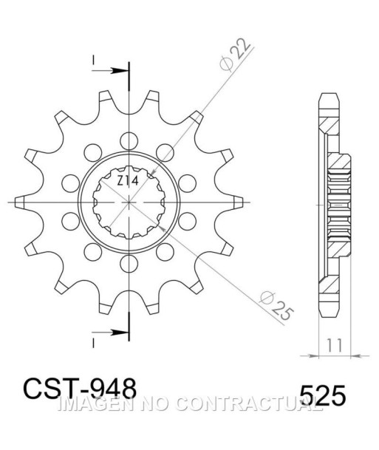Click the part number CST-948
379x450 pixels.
click(80, 388)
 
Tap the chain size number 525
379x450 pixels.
click(322, 395)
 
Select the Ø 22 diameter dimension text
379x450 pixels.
click(235, 54)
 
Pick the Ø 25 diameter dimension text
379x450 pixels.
click(276, 306)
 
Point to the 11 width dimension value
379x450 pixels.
click(335, 345)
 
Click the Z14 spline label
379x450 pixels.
click(128, 181)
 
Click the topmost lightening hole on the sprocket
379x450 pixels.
click(129, 141)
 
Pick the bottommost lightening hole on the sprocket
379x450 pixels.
click(129, 264)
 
